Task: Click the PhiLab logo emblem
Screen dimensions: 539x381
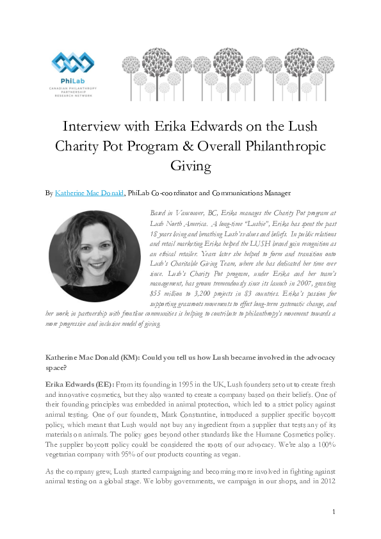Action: point(72,64)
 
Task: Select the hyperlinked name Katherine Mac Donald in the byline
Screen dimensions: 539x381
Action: point(90,192)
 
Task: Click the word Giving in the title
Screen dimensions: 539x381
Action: point(190,166)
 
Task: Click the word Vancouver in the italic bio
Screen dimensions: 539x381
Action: point(191,211)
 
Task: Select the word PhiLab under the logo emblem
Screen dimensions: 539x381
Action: point(72,81)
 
